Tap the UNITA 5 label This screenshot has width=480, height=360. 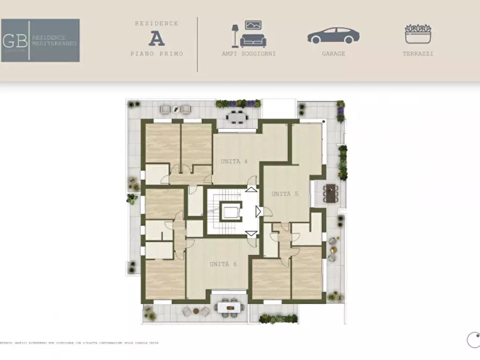coord(284,194)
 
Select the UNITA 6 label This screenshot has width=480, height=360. coord(223,264)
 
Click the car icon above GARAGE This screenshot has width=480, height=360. coord(333,36)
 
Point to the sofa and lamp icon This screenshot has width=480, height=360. coord(248,34)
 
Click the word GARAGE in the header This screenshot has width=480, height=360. coord(333,54)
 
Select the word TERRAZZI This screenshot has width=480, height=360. coord(418,54)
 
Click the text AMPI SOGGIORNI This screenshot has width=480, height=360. coord(248,54)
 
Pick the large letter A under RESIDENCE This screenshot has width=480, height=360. coord(156,38)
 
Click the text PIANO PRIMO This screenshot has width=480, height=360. coord(156,54)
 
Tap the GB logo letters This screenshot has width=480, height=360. coord(15,40)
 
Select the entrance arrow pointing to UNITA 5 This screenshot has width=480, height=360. coord(259,211)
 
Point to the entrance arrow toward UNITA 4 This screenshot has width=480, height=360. coord(251,189)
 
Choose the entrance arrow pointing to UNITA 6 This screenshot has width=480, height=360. coord(251,233)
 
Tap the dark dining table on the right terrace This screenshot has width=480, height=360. coord(331,192)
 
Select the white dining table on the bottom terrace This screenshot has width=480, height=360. coord(229,307)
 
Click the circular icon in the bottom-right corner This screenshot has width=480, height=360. coord(474,340)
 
